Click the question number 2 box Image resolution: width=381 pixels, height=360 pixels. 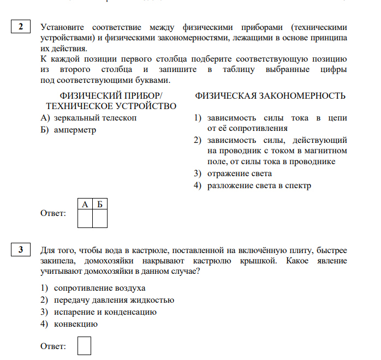click(21, 27)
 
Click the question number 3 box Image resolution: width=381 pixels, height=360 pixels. click(21, 250)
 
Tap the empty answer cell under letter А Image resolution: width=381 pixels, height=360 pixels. click(85, 218)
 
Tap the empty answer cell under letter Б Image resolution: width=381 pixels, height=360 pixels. click(100, 218)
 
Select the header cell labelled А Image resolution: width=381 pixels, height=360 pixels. click(85, 204)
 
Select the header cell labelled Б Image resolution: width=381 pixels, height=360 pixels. click(100, 204)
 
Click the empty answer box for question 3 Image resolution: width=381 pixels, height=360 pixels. click(84, 346)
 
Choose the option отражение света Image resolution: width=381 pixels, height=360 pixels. click(239, 173)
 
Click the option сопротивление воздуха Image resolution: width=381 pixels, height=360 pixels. click(100, 287)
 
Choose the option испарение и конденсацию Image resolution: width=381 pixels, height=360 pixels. click(105, 312)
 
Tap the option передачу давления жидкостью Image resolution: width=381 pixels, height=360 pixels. click(114, 300)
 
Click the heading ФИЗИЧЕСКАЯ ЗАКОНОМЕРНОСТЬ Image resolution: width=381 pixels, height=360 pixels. click(270, 96)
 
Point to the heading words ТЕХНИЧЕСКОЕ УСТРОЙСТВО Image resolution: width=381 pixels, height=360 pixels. click(111, 106)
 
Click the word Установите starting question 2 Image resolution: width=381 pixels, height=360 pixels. click(61, 27)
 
